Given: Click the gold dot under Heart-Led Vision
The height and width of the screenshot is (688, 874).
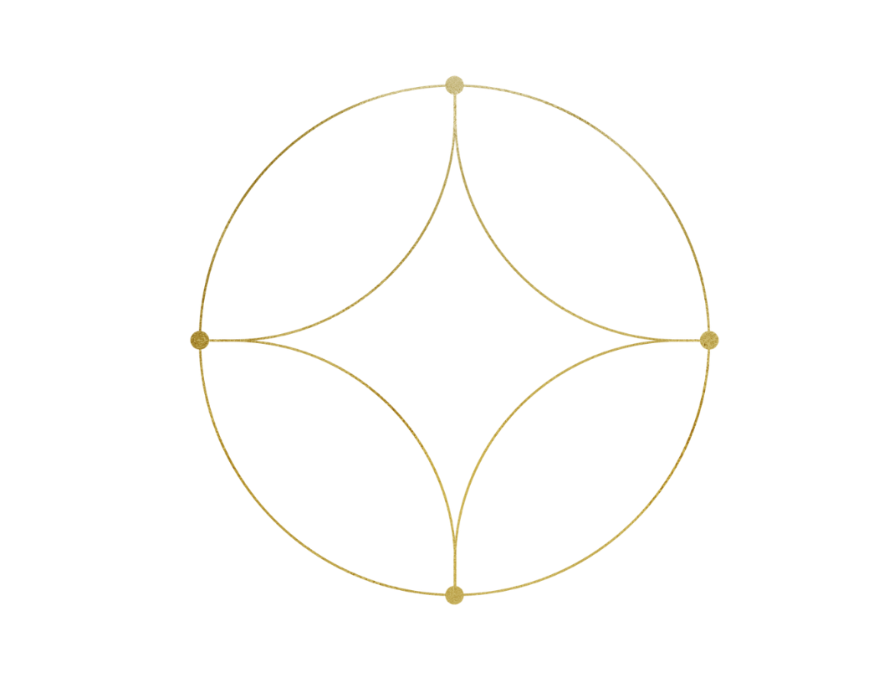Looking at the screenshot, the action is click(x=454, y=85).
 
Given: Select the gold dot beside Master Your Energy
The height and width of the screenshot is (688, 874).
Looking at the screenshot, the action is click(x=708, y=340).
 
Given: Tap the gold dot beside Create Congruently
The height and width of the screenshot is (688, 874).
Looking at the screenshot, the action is click(x=200, y=340).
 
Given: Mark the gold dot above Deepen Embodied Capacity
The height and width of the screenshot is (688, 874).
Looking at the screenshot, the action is click(x=454, y=595).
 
